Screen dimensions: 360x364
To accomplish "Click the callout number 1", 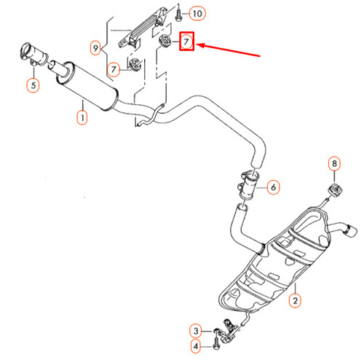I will (82, 117).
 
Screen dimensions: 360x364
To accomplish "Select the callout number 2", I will (295, 300).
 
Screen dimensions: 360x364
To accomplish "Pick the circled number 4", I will (196, 345).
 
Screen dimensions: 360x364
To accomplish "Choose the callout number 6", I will (273, 187).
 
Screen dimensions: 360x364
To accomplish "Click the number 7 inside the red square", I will (186, 42).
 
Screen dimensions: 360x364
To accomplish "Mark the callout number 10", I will (199, 13).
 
